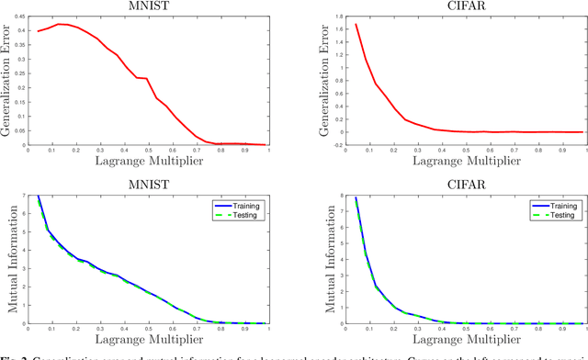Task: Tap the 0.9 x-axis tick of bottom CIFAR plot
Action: tap(560, 330)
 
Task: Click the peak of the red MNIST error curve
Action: tap(58, 24)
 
